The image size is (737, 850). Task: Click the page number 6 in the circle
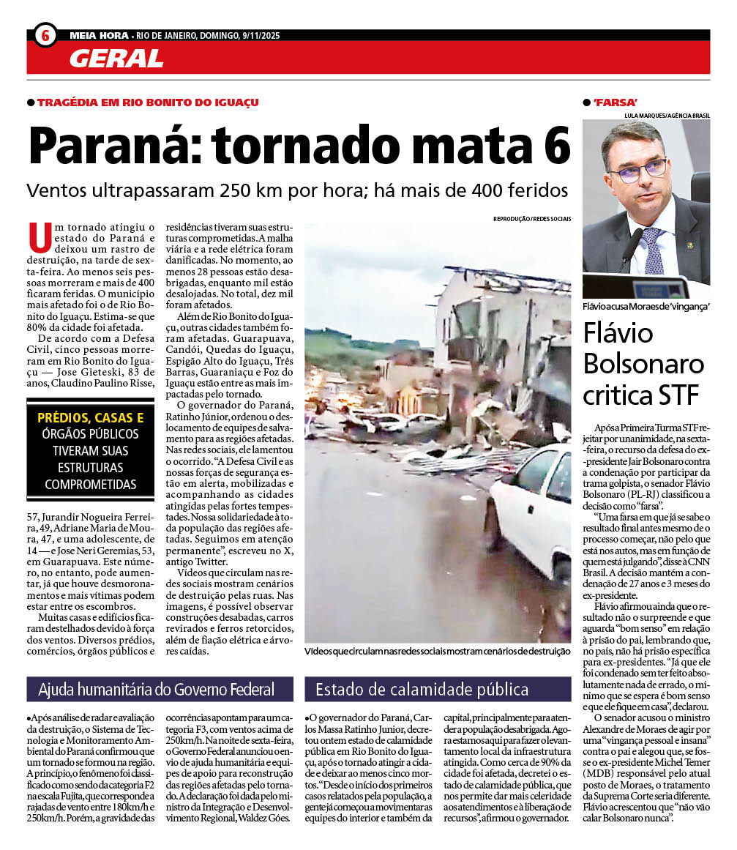click(45, 35)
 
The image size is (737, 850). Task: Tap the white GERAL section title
click(116, 59)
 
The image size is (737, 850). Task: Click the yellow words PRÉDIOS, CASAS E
click(91, 418)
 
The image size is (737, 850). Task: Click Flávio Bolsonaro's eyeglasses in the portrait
click(638, 171)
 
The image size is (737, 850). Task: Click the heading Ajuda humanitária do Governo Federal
click(157, 689)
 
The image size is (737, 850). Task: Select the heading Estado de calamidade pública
click(422, 689)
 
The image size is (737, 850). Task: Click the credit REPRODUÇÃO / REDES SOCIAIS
click(532, 219)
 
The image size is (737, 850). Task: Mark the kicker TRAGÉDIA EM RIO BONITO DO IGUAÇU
click(148, 102)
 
